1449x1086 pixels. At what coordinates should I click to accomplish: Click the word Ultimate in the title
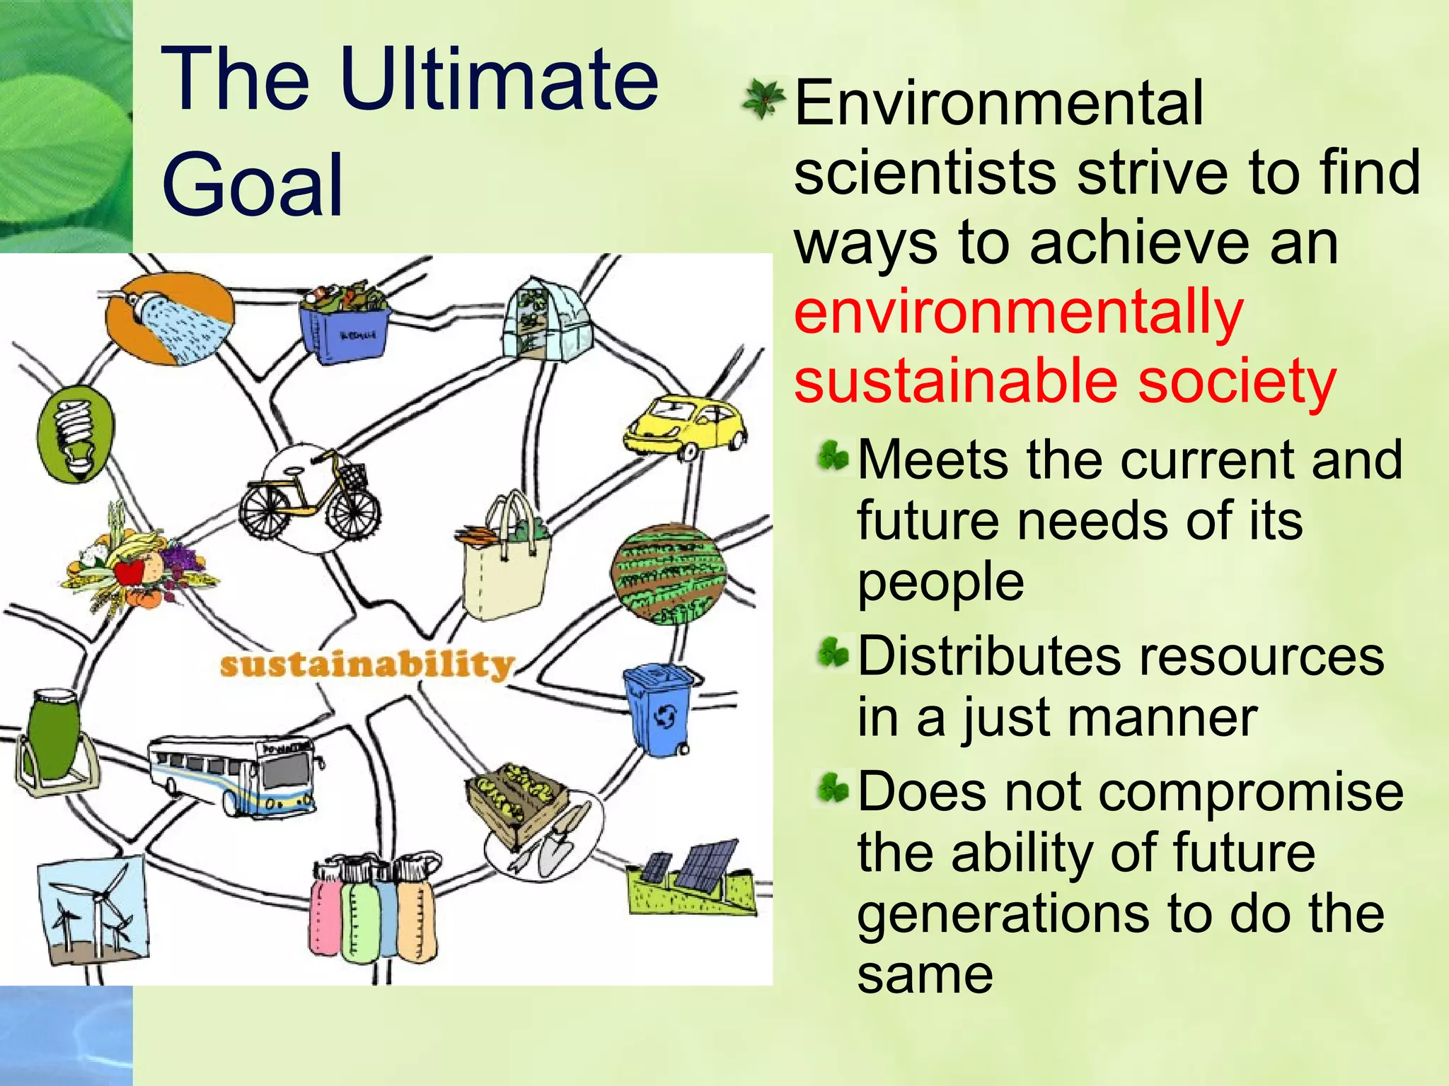(499, 79)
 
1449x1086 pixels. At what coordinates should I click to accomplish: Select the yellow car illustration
(685, 428)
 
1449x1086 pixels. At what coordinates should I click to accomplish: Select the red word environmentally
(1017, 312)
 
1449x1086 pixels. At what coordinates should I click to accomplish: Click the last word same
(925, 974)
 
